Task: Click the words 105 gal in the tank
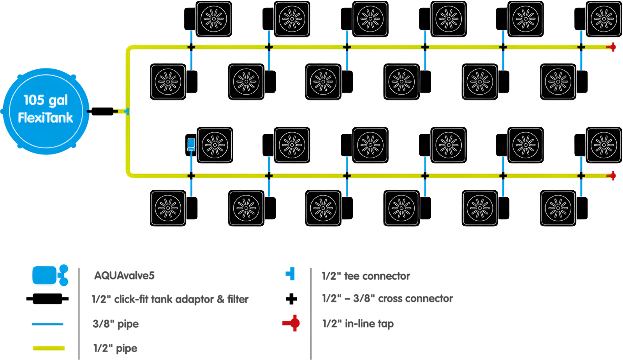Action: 46,100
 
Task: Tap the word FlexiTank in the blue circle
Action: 46,118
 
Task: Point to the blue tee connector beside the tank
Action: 125,112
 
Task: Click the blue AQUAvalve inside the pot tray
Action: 191,144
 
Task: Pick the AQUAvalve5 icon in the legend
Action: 50,275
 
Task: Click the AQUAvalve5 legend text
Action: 124,276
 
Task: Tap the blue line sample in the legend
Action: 48,324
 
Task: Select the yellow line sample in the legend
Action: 49,348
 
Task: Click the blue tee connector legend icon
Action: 290,274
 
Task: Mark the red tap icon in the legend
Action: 292,323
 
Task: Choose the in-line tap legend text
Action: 357,324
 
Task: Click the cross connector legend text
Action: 387,299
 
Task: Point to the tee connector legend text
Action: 366,276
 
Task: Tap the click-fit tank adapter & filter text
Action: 170,299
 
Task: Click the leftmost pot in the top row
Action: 213,19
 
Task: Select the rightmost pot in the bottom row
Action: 558,208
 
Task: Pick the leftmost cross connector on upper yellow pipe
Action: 191,47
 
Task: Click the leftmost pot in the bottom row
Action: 168,208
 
